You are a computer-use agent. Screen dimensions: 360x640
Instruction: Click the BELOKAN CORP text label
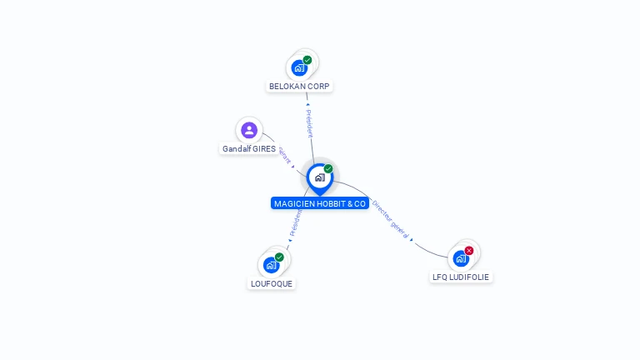(x=300, y=86)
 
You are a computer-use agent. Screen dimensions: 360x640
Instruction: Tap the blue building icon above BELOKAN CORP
(x=298, y=68)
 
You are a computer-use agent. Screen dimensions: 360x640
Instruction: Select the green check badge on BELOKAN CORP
(x=307, y=60)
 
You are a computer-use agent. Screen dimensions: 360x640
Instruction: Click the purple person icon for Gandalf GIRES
(x=248, y=130)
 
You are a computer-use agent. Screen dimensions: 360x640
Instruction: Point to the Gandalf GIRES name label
(x=248, y=149)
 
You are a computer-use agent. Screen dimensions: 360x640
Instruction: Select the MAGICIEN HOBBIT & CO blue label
(x=320, y=203)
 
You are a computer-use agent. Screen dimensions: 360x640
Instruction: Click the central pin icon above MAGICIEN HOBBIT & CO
(x=319, y=177)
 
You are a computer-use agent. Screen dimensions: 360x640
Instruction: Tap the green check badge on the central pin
(x=328, y=169)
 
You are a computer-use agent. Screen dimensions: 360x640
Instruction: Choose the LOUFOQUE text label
(x=272, y=283)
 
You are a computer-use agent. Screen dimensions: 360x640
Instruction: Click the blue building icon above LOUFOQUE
(x=271, y=265)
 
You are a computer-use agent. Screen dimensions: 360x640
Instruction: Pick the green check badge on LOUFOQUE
(x=279, y=257)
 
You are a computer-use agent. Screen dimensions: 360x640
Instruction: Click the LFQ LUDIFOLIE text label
(x=461, y=277)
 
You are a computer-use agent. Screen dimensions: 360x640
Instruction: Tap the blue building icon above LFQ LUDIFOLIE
(x=460, y=258)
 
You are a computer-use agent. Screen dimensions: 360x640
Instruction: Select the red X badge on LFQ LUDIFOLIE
(x=469, y=251)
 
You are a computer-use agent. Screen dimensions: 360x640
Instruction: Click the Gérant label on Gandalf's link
(x=284, y=156)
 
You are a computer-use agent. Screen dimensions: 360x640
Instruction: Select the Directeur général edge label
(x=391, y=219)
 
